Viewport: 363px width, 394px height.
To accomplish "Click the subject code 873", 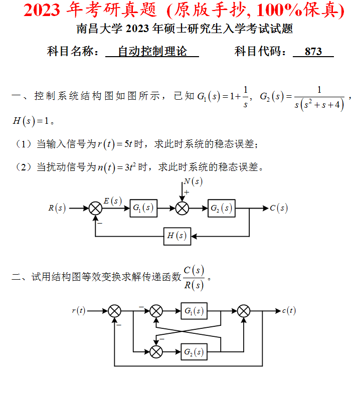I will pyautogui.click(x=313, y=52).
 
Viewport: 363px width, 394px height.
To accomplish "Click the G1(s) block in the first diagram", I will pyautogui.click(x=143, y=208).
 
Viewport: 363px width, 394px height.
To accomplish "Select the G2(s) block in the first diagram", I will pyautogui.click(x=221, y=208).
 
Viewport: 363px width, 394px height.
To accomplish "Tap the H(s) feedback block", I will pyautogui.click(x=177, y=236).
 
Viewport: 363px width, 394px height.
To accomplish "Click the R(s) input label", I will pyautogui.click(x=57, y=208).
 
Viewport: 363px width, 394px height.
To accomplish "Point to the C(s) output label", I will pyautogui.click(x=279, y=208).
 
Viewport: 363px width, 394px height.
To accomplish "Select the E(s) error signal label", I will pyautogui.click(x=112, y=201).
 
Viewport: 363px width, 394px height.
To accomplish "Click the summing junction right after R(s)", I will pyautogui.click(x=95, y=208).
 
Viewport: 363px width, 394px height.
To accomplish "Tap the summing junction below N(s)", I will pyautogui.click(x=183, y=208).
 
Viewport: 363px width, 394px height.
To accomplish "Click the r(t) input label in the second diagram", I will pyautogui.click(x=78, y=311).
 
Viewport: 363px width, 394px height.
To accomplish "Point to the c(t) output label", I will pyautogui.click(x=289, y=311).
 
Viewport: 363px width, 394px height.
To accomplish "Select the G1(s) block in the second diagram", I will pyautogui.click(x=194, y=311).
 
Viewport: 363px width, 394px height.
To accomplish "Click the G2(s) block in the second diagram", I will pyautogui.click(x=194, y=351).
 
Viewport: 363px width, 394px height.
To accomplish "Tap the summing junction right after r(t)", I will pyautogui.click(x=115, y=311).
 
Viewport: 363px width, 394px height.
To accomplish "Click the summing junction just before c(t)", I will pyautogui.click(x=244, y=311).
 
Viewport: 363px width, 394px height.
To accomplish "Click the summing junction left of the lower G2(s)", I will pyautogui.click(x=156, y=351).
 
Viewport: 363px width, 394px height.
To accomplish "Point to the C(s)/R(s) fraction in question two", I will pyautogui.click(x=194, y=278).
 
